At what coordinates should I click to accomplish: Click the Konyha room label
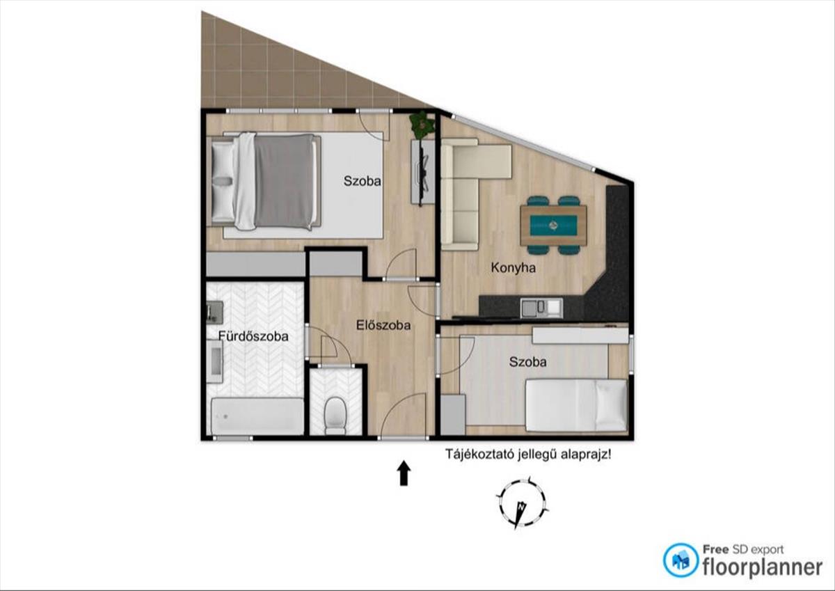[x=514, y=268]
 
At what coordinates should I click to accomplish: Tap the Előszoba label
[x=383, y=325]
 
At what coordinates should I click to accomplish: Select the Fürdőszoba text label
[x=253, y=336]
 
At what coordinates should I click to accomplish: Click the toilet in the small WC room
[x=335, y=416]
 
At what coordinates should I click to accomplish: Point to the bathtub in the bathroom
[x=257, y=416]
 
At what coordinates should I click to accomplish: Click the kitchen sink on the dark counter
[x=541, y=308]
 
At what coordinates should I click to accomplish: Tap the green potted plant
[x=422, y=124]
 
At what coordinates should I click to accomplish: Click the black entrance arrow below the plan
[x=404, y=473]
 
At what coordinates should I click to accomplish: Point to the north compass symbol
[x=522, y=503]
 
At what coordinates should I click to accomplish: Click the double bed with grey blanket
[x=264, y=182]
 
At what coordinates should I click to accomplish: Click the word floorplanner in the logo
[x=762, y=567]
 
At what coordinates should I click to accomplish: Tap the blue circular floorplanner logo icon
[x=681, y=560]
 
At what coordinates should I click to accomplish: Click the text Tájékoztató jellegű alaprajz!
[x=528, y=455]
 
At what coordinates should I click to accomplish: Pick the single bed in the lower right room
[x=576, y=405]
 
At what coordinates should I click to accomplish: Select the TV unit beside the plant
[x=423, y=171]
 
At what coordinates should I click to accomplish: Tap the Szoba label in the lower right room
[x=528, y=362]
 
